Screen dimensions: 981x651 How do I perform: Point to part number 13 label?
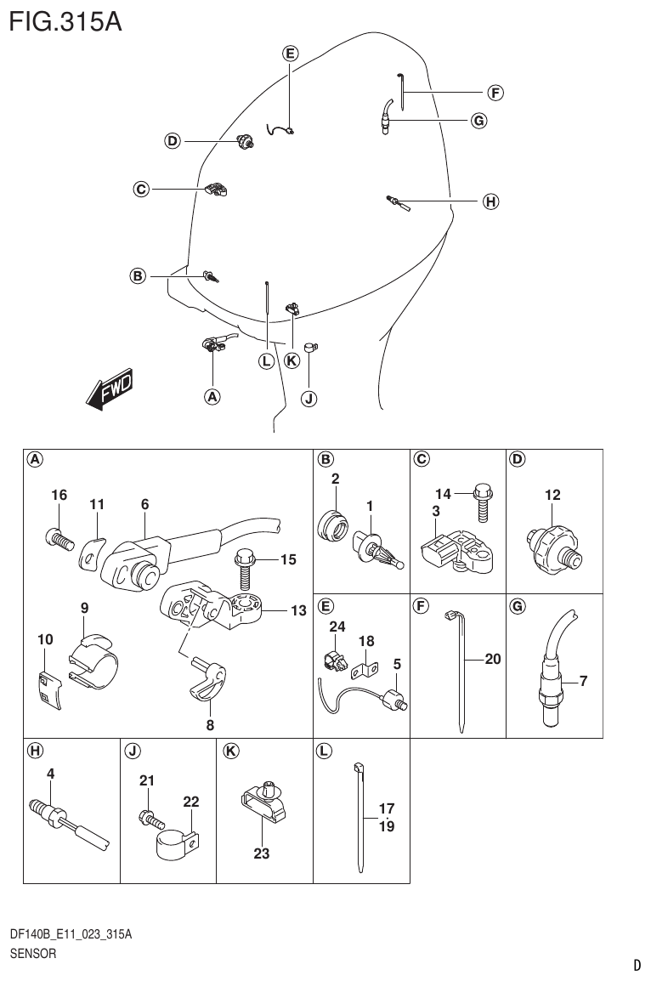tap(297, 610)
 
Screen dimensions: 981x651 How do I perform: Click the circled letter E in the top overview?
tap(290, 53)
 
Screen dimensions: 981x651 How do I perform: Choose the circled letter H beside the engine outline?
tap(489, 201)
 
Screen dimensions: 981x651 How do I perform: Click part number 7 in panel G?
tap(583, 680)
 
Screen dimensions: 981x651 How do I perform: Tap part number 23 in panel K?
tap(261, 853)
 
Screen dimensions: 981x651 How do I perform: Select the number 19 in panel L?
tap(387, 825)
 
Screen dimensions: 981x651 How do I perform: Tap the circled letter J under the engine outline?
tap(309, 398)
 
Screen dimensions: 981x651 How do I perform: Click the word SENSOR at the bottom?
tap(33, 953)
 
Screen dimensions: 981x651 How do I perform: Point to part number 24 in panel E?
tap(337, 627)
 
